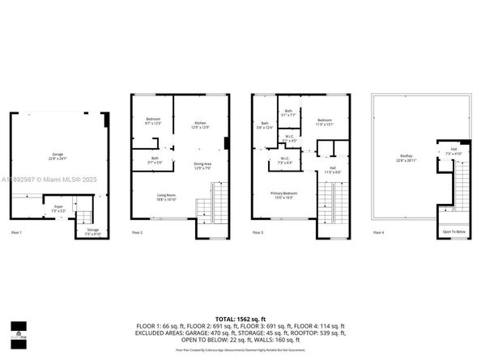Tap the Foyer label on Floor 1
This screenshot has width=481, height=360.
(58, 207)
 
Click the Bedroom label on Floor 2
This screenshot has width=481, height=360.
(154, 120)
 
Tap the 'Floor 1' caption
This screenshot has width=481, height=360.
(15, 233)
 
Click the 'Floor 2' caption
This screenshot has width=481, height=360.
(137, 233)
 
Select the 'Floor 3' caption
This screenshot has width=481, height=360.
(258, 233)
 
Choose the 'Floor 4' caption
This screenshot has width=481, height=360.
(379, 233)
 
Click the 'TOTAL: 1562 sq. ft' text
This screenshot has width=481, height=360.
(240, 320)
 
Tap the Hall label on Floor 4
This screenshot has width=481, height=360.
(453, 150)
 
